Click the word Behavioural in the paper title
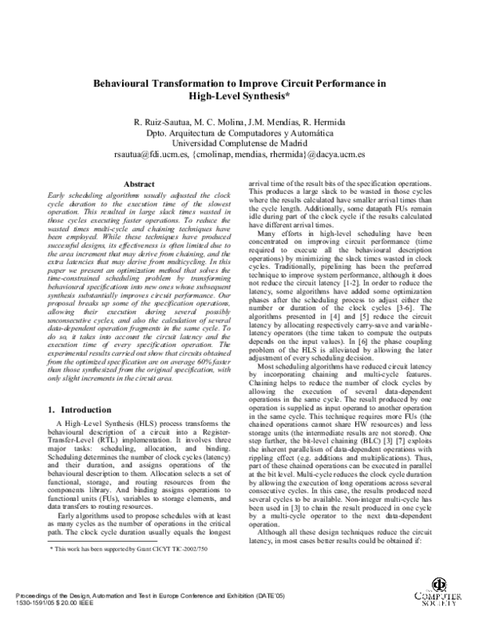tap(129, 82)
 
